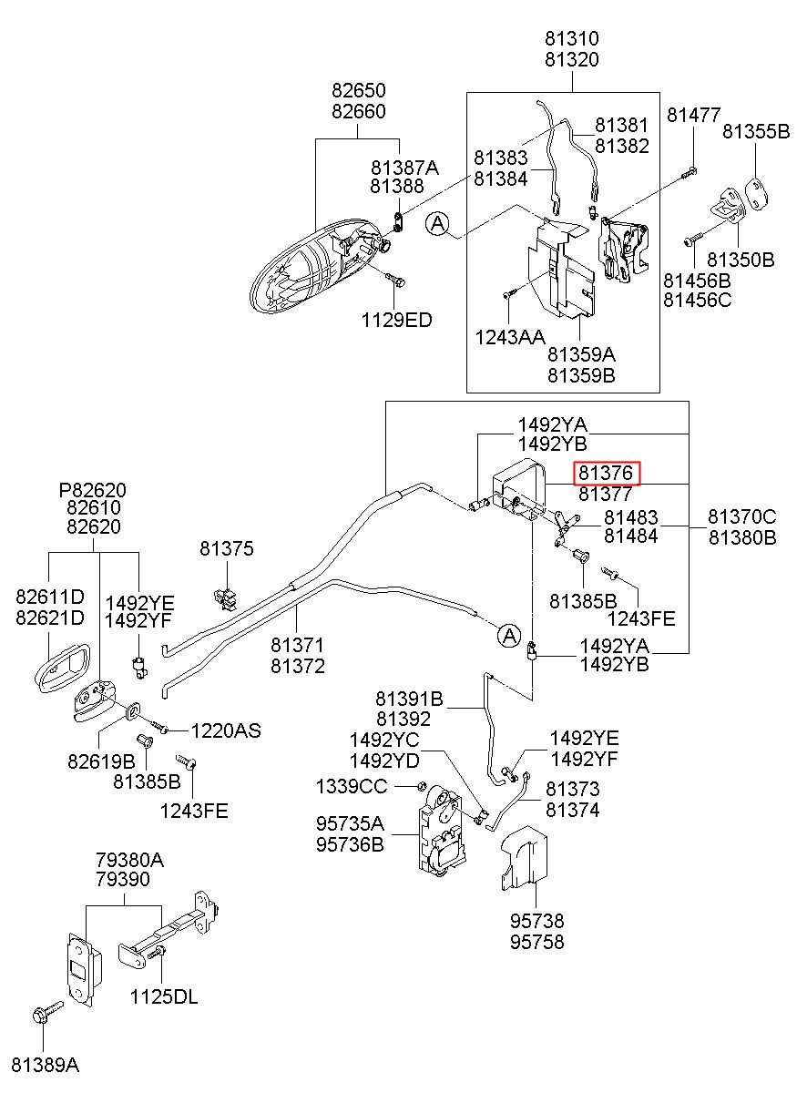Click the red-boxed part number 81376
tap(606, 474)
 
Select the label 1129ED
tap(397, 320)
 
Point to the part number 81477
tap(694, 115)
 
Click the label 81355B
tap(756, 131)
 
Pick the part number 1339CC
tap(352, 786)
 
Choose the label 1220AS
tap(226, 730)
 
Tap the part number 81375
tap(227, 548)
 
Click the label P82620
tap(93, 490)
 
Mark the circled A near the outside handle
tap(438, 224)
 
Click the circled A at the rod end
tap(509, 636)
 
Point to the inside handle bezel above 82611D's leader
tap(63, 668)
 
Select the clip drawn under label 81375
tap(226, 598)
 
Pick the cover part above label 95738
tap(525, 859)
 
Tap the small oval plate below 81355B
tap(756, 194)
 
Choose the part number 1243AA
tap(510, 337)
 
